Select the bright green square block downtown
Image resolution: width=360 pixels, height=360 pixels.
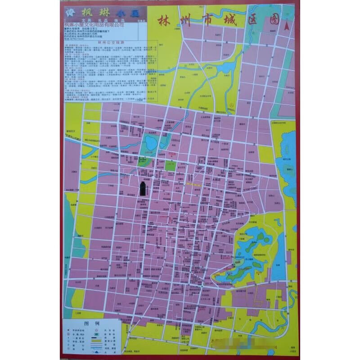(170, 165)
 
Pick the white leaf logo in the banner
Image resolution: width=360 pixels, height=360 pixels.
(70, 12)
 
